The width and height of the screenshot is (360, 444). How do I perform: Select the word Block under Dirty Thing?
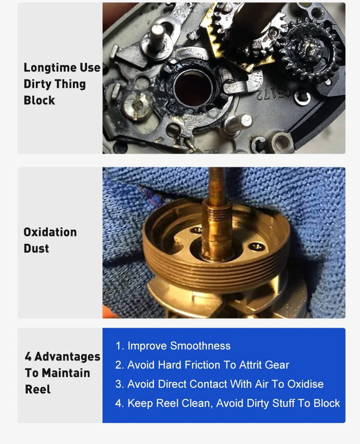[x=39, y=100]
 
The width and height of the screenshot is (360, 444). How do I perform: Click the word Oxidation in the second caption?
[x=50, y=232]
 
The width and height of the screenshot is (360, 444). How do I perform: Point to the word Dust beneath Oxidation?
[x=36, y=248]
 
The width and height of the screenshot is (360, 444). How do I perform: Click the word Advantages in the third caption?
[x=67, y=357]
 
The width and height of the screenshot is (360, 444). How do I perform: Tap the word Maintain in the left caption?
[x=66, y=373]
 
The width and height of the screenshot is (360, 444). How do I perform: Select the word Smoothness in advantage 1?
[x=201, y=346]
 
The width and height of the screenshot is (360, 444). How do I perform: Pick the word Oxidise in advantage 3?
[x=305, y=384]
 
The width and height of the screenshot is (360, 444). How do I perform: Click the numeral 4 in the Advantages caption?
[x=28, y=356]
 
